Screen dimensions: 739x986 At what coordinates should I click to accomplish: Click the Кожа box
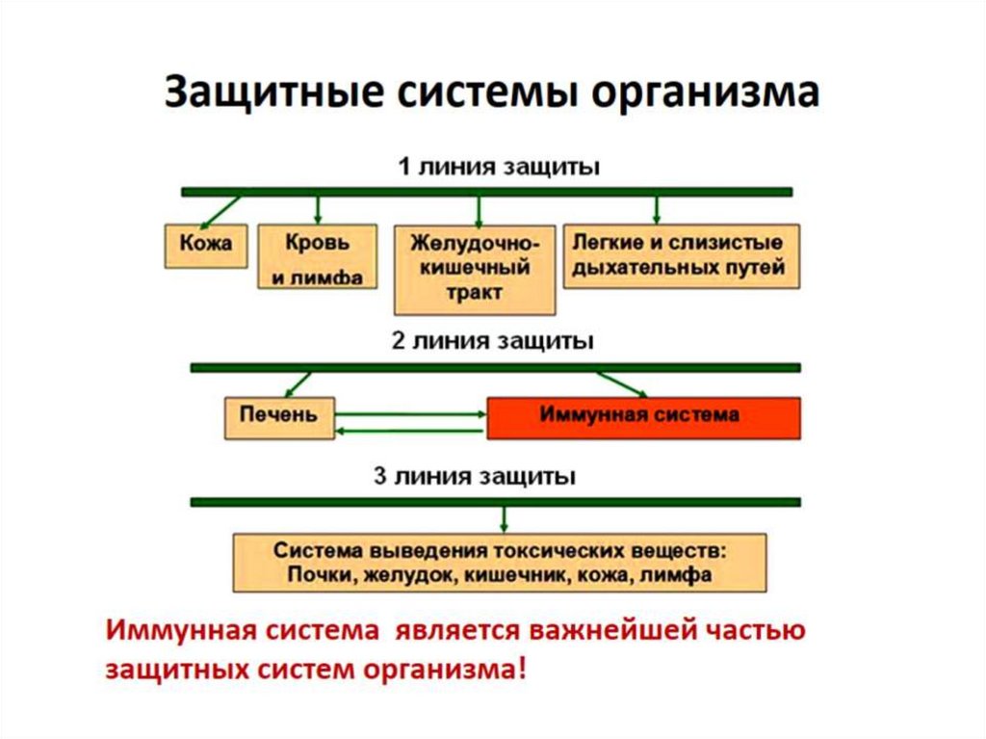[x=205, y=244]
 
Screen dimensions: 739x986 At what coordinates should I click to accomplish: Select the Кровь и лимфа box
[x=316, y=256]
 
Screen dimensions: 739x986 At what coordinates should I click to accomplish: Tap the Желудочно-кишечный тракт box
[x=475, y=268]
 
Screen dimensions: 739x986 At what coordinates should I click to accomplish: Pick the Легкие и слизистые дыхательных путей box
[x=680, y=255]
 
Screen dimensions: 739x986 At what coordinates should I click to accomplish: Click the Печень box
[x=280, y=415]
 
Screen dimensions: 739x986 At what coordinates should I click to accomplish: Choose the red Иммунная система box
[x=643, y=416]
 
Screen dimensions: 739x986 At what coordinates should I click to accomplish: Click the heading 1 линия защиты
[x=500, y=167]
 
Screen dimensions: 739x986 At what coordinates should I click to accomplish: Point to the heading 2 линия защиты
[x=492, y=341]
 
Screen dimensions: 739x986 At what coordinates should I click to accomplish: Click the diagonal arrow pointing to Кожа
[x=221, y=209]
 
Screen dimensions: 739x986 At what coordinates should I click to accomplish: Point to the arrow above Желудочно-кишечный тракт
[x=478, y=209]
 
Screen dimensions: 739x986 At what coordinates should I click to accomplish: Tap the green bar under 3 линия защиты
[x=495, y=502]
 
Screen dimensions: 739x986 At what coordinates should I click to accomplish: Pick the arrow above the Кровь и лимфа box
[x=318, y=209]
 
